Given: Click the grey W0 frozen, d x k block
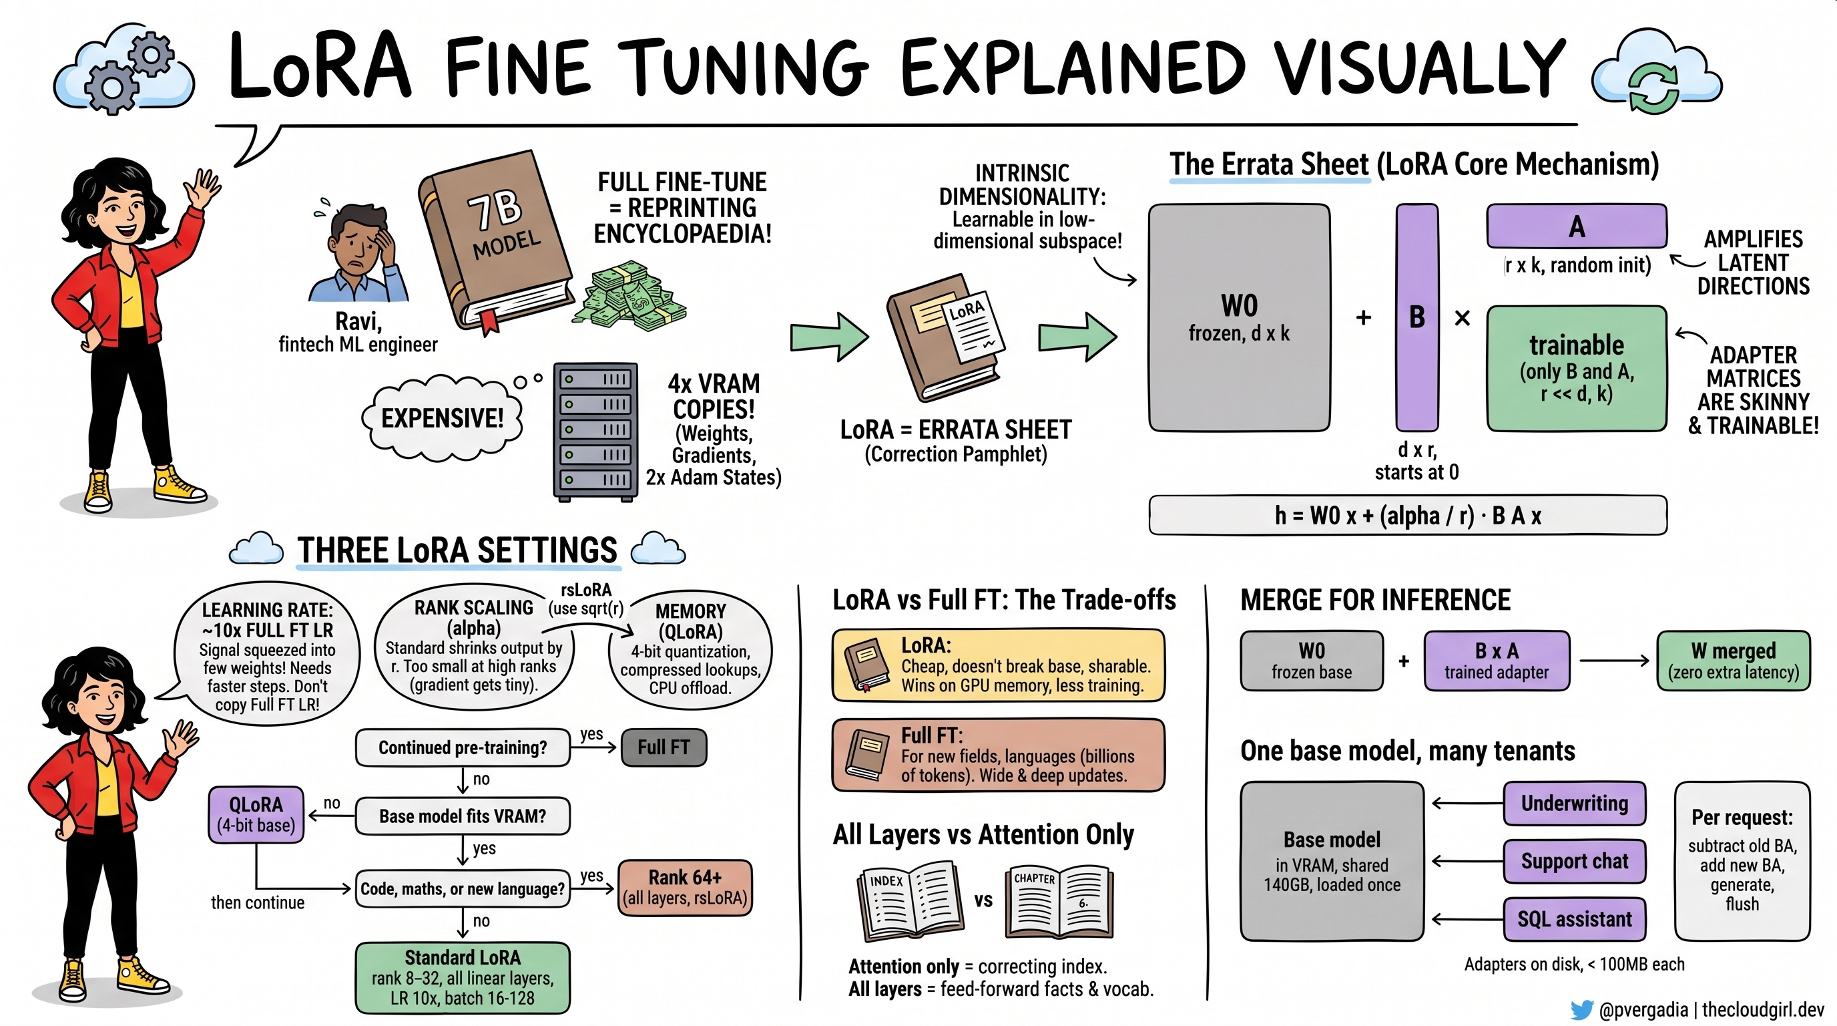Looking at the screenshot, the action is (1239, 317).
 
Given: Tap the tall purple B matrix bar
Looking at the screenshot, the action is (1416, 317).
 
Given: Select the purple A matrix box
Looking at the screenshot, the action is (1577, 226).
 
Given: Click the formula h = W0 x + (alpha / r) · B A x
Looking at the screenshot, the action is (1408, 515).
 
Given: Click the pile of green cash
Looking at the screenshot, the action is (633, 295).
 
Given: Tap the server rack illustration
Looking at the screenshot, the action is (595, 432).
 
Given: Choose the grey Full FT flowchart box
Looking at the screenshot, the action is (664, 747).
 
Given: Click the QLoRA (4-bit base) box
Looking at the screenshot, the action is (256, 815).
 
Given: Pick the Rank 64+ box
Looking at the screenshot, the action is (685, 888).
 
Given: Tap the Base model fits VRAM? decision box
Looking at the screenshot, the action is (462, 816).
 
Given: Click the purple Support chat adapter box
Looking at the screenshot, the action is (1575, 861).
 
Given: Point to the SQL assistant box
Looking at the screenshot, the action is (1575, 919).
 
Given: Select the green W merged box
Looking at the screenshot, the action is (1733, 661).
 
